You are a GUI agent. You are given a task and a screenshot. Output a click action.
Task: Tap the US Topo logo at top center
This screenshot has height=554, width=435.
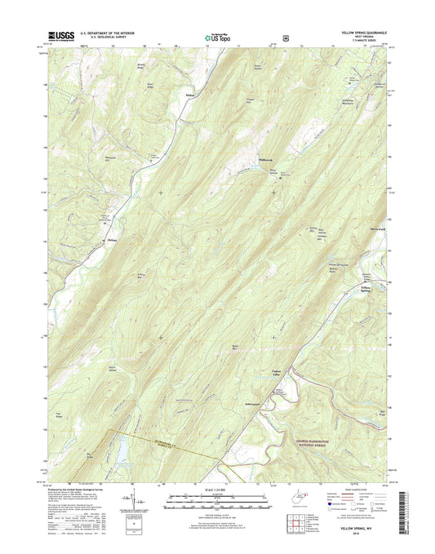[x=217, y=37]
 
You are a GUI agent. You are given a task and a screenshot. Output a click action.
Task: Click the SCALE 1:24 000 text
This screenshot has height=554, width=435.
[x=217, y=490]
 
